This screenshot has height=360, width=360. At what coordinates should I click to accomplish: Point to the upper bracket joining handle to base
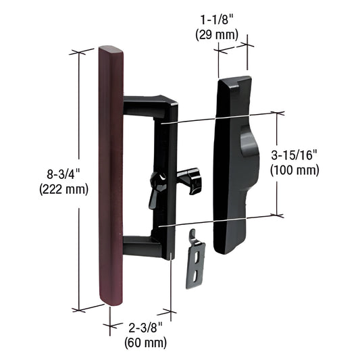click(x=145, y=106)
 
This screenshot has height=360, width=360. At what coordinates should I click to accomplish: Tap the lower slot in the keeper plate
click(x=196, y=276)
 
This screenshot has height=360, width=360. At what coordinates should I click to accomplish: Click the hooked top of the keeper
click(x=193, y=234)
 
